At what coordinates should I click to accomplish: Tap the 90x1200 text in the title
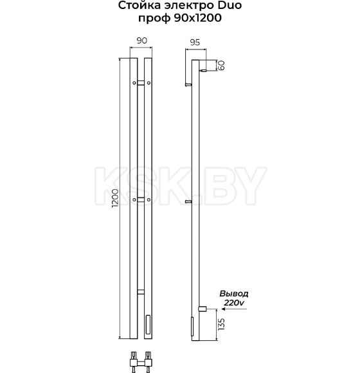point(198,18)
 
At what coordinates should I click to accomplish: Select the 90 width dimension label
point(141,41)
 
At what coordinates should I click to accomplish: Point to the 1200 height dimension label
point(115,198)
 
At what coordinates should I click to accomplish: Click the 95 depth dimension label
point(195,42)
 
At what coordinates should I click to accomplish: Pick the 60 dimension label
point(221,65)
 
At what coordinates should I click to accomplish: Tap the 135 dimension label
point(221,324)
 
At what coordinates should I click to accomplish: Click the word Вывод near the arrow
point(234,294)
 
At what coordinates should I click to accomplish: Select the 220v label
point(234,303)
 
